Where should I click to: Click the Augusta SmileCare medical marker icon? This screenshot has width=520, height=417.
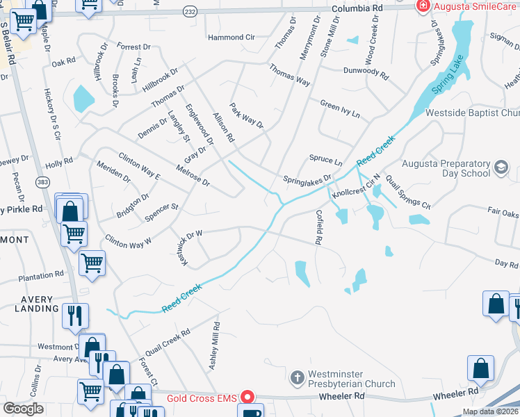(x=422, y=6)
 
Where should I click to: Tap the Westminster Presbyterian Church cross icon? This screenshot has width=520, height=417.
(x=297, y=378)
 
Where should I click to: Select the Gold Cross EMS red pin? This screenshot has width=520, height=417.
(x=247, y=398)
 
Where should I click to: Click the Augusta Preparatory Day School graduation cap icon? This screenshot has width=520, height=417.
(x=501, y=167)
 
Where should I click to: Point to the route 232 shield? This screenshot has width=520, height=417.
(x=189, y=12)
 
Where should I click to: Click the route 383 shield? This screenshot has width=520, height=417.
(x=43, y=181)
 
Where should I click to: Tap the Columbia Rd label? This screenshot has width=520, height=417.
(x=357, y=8)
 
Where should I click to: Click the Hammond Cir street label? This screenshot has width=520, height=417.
(x=231, y=37)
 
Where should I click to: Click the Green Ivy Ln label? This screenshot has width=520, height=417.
(x=340, y=108)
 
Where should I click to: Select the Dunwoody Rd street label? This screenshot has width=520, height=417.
(x=365, y=71)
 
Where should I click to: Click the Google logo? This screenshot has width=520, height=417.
(x=23, y=409)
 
